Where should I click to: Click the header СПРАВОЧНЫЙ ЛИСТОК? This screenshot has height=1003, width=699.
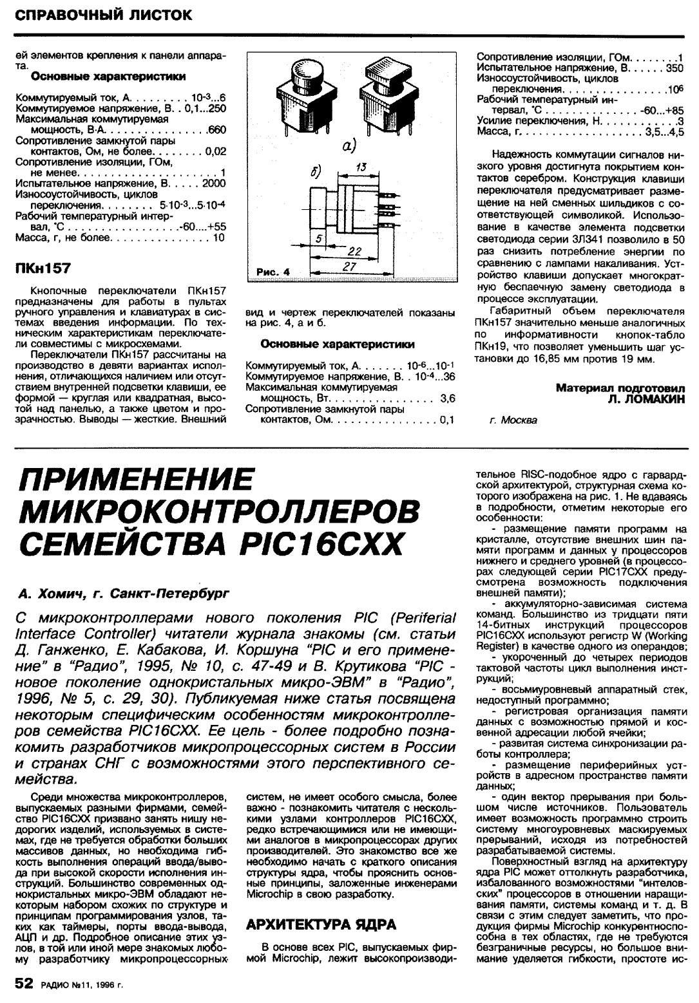click(103, 14)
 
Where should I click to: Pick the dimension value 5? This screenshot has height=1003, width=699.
click(319, 238)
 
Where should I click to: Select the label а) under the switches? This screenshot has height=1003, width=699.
click(349, 146)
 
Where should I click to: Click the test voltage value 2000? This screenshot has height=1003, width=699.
click(214, 183)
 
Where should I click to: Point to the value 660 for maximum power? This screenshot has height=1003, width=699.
click(216, 129)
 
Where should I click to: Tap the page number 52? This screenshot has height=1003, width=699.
click(26, 984)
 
